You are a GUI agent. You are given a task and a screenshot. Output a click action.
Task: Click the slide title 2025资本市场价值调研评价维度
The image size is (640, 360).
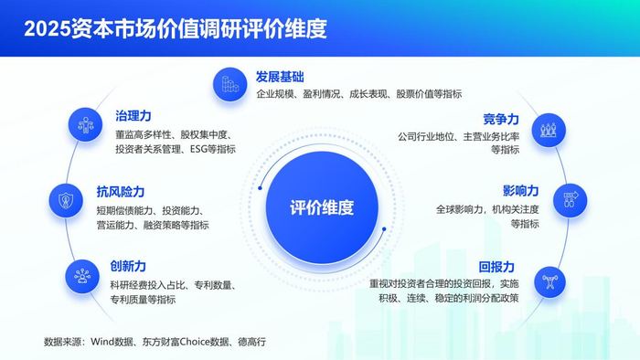[176, 28]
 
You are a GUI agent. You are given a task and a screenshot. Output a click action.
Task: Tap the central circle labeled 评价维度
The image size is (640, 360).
[321, 206]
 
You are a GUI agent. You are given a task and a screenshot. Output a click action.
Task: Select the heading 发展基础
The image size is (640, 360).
[280, 76]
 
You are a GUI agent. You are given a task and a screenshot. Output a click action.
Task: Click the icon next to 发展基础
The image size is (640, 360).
[229, 84]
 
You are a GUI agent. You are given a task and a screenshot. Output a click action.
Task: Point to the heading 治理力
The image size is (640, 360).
[133, 115]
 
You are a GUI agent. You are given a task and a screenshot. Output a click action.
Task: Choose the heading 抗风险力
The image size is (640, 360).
[120, 192]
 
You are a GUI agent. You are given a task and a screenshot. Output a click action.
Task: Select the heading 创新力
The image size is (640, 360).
[127, 265]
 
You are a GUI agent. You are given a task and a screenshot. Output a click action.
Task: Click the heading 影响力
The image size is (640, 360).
[520, 191]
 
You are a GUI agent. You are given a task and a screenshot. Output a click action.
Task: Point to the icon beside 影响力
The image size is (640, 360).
[570, 200]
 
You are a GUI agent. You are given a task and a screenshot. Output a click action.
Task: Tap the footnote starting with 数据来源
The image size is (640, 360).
[155, 342]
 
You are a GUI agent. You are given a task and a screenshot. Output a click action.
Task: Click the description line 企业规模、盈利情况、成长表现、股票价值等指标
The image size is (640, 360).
[358, 93]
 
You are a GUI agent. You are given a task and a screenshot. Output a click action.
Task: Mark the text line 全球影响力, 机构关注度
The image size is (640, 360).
[486, 209]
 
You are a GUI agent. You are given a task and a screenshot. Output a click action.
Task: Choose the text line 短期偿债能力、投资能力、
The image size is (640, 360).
[149, 209]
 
